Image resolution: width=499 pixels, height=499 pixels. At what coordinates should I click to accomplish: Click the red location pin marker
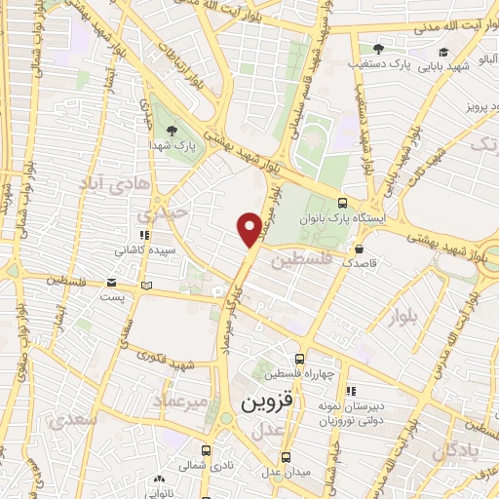pos(249,229)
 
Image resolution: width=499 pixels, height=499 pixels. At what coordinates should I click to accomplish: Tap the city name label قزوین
pos(267,401)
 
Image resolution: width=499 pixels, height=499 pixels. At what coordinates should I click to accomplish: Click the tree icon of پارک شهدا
pos(173,130)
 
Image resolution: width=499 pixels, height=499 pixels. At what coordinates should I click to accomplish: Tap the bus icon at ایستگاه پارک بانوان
pos(341,202)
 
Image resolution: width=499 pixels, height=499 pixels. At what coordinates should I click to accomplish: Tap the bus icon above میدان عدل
pos(287,456)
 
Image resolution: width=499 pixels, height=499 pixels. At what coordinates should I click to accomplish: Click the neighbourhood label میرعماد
pos(181,402)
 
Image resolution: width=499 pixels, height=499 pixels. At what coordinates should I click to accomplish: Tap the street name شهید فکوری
pos(168,365)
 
